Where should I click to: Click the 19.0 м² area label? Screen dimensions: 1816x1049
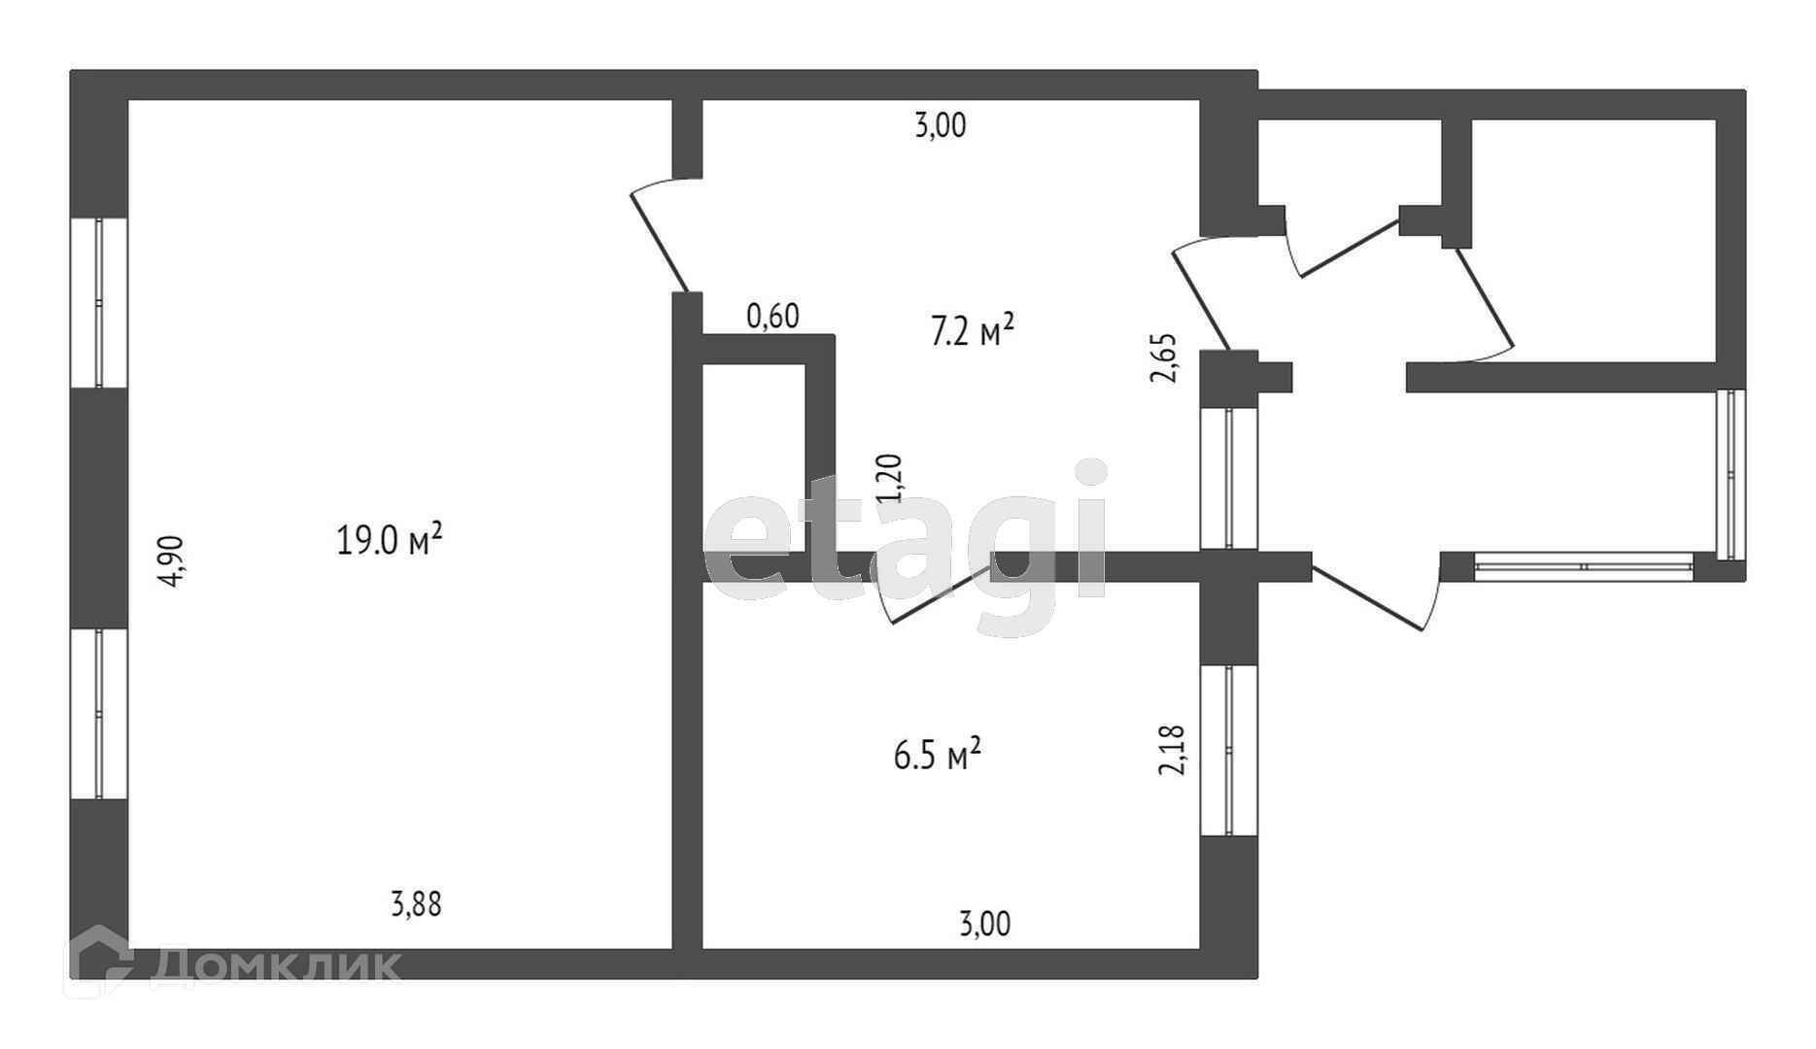tap(390, 538)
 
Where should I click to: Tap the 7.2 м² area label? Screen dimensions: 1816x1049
tap(973, 332)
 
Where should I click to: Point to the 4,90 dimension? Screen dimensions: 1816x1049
tap(171, 561)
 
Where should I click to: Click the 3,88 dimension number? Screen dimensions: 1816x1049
tap(416, 904)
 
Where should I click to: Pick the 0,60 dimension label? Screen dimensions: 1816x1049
tap(772, 316)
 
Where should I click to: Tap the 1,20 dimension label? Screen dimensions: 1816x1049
tap(890, 478)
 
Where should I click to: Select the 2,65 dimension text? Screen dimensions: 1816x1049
tap(1164, 358)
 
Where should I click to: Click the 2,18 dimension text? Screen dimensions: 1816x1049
tap(1173, 750)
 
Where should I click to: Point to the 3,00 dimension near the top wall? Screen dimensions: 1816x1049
tap(941, 126)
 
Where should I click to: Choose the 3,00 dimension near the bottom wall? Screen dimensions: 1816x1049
tap(984, 923)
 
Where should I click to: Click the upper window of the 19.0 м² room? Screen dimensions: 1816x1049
tap(99, 303)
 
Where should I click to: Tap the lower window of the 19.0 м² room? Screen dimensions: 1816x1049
tap(99, 714)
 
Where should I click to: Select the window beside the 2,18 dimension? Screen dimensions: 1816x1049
tap(1229, 750)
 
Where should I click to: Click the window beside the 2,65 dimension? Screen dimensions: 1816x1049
tap(1229, 478)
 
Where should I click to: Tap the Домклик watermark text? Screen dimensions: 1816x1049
tap(276, 966)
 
